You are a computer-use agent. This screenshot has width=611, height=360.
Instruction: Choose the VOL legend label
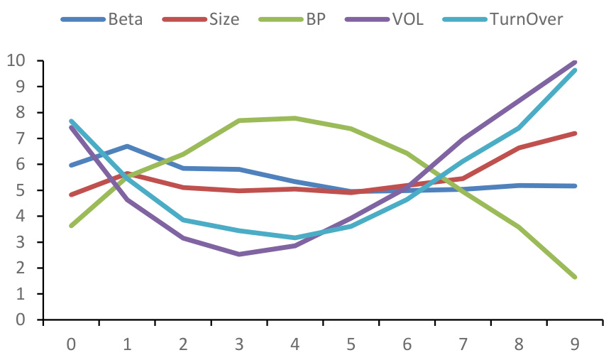[403, 19]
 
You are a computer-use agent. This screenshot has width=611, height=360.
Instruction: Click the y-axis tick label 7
[21, 138]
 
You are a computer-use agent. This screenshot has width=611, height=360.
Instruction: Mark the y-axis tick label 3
[21, 242]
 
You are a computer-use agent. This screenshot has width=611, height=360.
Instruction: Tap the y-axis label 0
[21, 320]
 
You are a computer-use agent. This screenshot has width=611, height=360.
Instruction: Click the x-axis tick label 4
[295, 344]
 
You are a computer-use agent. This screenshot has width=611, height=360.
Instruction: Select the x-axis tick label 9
[576, 344]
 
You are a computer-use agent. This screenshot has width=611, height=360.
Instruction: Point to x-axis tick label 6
[407, 344]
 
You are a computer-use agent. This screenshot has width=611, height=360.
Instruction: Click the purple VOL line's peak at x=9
[576, 62]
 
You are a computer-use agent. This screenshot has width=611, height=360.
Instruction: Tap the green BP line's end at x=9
[576, 277]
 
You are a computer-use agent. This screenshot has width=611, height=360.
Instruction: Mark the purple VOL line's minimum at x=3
[239, 254]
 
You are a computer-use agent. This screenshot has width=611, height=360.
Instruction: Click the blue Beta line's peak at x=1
[127, 146]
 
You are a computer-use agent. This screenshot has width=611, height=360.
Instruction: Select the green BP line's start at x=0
[71, 226]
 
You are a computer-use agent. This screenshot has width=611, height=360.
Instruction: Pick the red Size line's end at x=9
[576, 133]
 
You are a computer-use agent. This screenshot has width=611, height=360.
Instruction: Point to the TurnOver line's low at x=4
[295, 238]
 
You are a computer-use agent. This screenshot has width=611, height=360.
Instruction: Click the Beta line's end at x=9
[576, 186]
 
